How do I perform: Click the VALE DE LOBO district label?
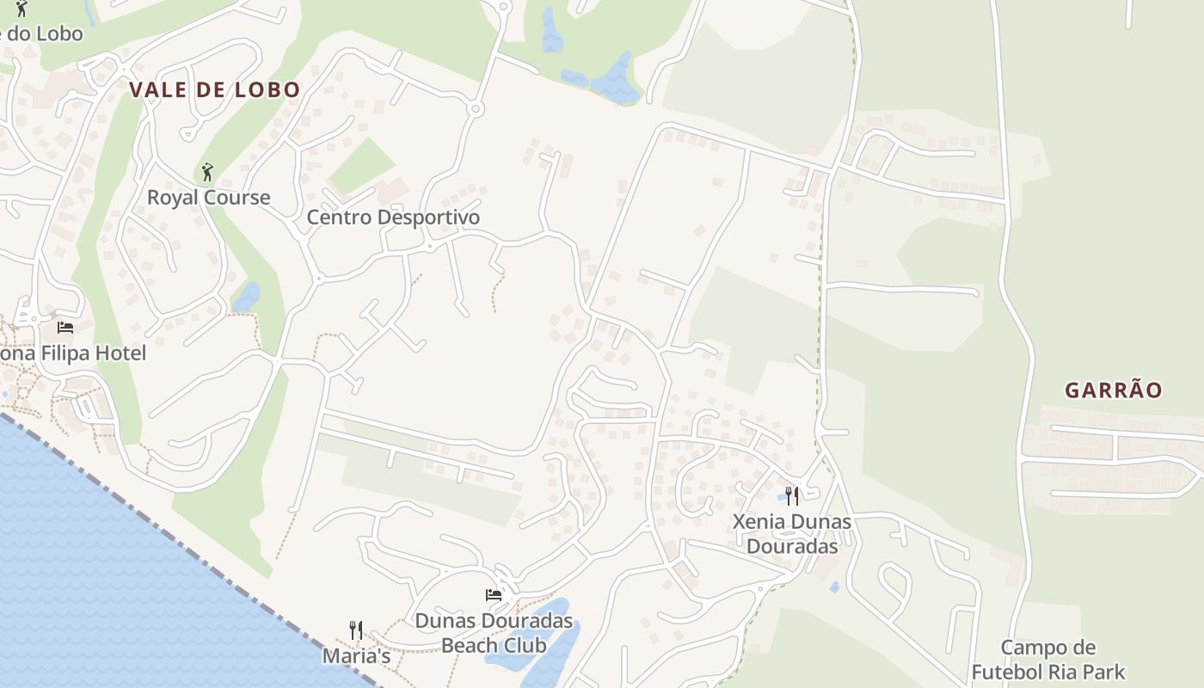[214, 89]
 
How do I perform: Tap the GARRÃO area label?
[1113, 390]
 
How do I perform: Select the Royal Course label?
[208, 197]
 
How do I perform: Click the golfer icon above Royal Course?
[206, 172]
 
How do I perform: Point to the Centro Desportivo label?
[393, 217]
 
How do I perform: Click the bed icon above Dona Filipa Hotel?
[65, 328]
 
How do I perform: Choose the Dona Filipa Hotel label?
[73, 353]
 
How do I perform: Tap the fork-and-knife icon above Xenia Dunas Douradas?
[791, 496]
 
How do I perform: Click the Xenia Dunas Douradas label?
[791, 533]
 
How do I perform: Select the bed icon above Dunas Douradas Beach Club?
[493, 594]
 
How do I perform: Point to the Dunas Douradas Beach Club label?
[493, 632]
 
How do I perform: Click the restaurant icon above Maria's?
[355, 630]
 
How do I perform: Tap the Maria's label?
[356, 655]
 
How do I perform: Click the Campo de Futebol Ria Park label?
[1047, 659]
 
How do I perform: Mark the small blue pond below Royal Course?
[246, 297]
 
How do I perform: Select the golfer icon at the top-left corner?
[21, 9]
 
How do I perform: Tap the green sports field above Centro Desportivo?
[362, 166]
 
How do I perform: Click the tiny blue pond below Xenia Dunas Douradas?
[834, 587]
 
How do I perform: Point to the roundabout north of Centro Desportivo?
[476, 109]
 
